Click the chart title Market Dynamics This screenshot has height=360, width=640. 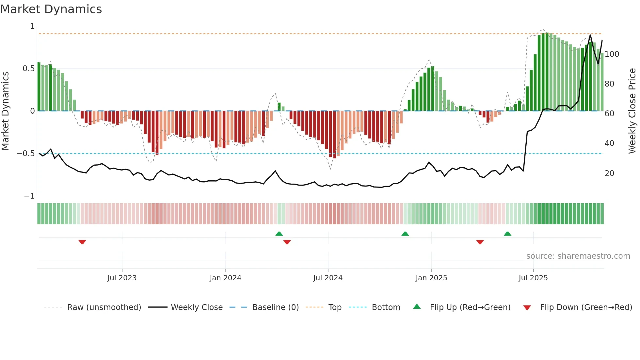pos(51,9)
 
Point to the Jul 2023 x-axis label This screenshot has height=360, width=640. pos(122,278)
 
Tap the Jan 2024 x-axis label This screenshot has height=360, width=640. pos(225,278)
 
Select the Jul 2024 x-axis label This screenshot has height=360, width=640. pos(328,278)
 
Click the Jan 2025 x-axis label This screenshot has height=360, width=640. pos(431,278)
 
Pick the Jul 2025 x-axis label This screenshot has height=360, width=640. pos(533,278)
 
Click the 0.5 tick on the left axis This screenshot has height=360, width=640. pos(29,69)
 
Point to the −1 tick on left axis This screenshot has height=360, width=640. pos(29,196)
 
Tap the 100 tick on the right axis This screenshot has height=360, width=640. pos(612,54)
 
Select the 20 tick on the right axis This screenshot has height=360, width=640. pos(609,173)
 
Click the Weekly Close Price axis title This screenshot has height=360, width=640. pos(632,111)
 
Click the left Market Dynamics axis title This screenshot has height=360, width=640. pos(6,111)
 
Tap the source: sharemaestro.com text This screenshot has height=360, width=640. pos(578,256)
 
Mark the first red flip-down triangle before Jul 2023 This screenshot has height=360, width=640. pos(82,242)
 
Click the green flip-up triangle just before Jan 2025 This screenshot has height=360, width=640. pos(405,234)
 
